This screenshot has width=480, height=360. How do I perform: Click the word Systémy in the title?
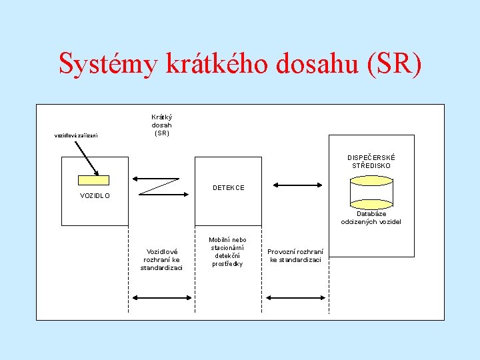click(107, 65)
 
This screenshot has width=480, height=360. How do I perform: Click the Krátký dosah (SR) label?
click(161, 125)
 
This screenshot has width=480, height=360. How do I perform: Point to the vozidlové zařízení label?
click(76, 136)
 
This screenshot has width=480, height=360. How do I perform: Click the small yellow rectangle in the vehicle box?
click(93, 180)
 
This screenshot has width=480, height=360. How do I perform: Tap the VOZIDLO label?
click(95, 196)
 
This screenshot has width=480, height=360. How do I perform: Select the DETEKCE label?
click(228, 188)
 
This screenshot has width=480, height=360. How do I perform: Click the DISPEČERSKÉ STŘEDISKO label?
click(371, 161)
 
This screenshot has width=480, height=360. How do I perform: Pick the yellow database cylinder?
click(371, 193)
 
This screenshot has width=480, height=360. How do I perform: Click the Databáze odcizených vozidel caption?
click(371, 218)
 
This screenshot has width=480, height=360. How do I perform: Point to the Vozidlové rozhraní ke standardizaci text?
click(161, 259)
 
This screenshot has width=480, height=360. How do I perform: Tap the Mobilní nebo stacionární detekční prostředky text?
click(227, 252)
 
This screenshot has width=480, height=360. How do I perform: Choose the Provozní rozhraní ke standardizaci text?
click(295, 255)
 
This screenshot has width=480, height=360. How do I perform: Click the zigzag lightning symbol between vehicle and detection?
click(159, 185)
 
